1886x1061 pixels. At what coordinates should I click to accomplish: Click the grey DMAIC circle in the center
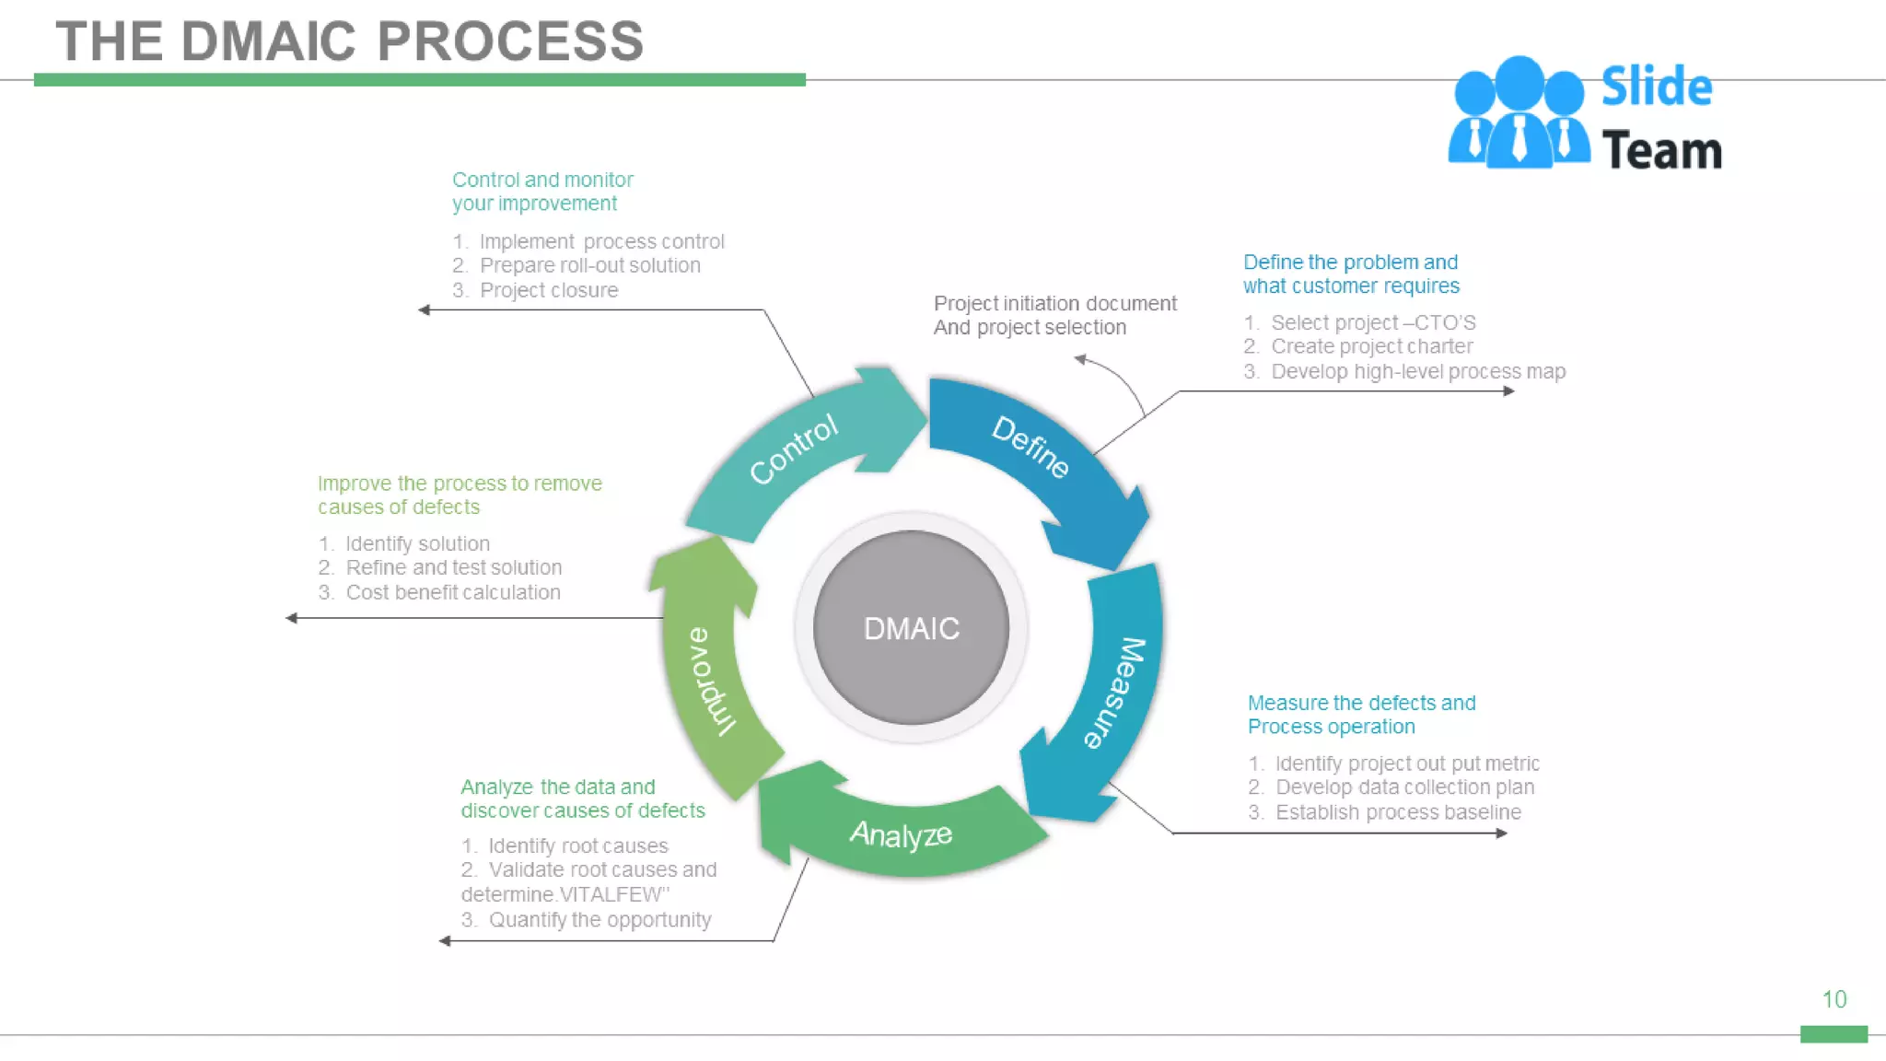[x=911, y=628]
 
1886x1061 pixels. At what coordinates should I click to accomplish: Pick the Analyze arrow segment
[x=901, y=834]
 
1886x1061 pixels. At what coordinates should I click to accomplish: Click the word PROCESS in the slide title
[x=510, y=41]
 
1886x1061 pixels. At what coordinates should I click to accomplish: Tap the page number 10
[x=1834, y=999]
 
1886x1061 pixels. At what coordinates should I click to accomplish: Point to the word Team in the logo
[x=1661, y=150]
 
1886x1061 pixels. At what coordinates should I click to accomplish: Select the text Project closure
[x=549, y=290]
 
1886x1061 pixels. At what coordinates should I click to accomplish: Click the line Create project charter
[x=1371, y=346]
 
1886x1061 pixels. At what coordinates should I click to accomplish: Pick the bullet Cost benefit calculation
[x=452, y=592]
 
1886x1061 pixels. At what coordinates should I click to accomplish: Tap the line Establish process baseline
[x=1397, y=812]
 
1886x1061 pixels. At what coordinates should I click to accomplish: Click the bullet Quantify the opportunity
[x=600, y=919]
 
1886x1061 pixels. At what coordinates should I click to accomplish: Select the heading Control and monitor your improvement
[x=541, y=192]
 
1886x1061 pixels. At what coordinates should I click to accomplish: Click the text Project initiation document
[x=1054, y=303]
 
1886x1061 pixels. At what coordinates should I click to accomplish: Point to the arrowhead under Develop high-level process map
[x=1508, y=391]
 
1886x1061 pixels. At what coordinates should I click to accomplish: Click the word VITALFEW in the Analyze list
[x=611, y=894]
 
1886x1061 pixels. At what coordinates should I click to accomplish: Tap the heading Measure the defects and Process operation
[x=1360, y=715]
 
